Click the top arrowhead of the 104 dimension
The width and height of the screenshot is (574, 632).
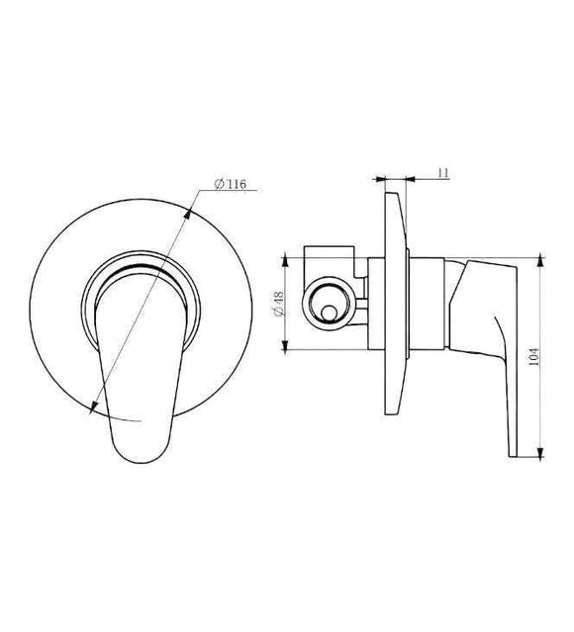[x=540, y=260]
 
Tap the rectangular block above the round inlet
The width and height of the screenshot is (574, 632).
[x=330, y=260]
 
